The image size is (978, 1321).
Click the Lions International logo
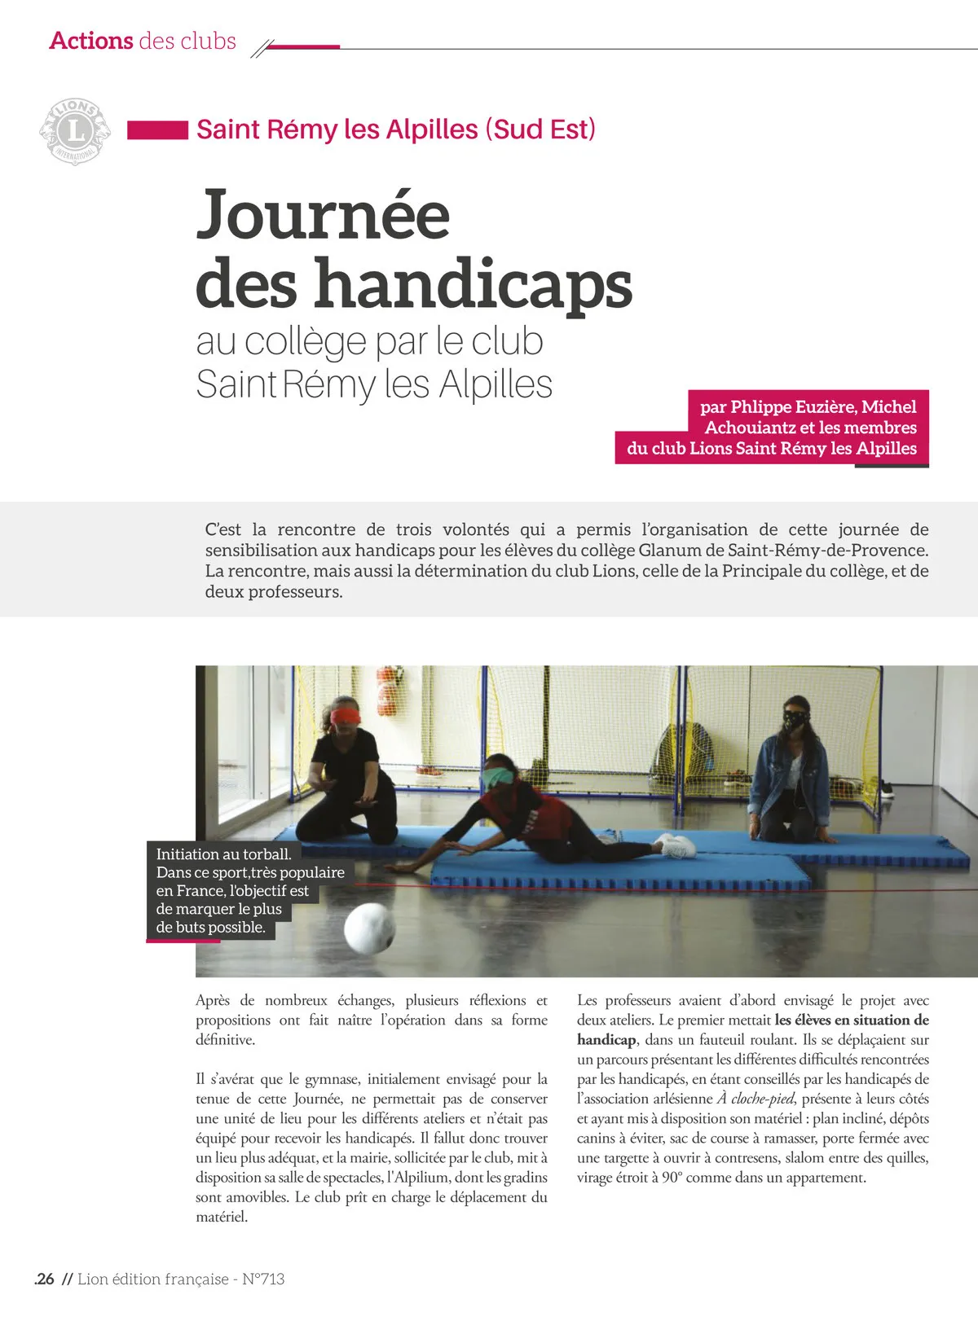(x=75, y=130)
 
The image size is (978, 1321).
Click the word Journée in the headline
(x=323, y=215)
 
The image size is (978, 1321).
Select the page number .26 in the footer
(x=45, y=1279)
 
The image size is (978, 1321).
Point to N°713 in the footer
(x=263, y=1279)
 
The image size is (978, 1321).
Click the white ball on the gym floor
(x=369, y=927)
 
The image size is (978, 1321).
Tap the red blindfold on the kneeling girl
(x=346, y=716)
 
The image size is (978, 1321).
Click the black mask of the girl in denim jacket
(x=794, y=718)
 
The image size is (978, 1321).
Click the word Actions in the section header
(x=91, y=41)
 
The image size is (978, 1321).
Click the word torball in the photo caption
(x=261, y=854)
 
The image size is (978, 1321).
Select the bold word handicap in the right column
(x=606, y=1039)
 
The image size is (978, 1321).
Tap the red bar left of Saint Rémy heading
(x=157, y=130)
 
